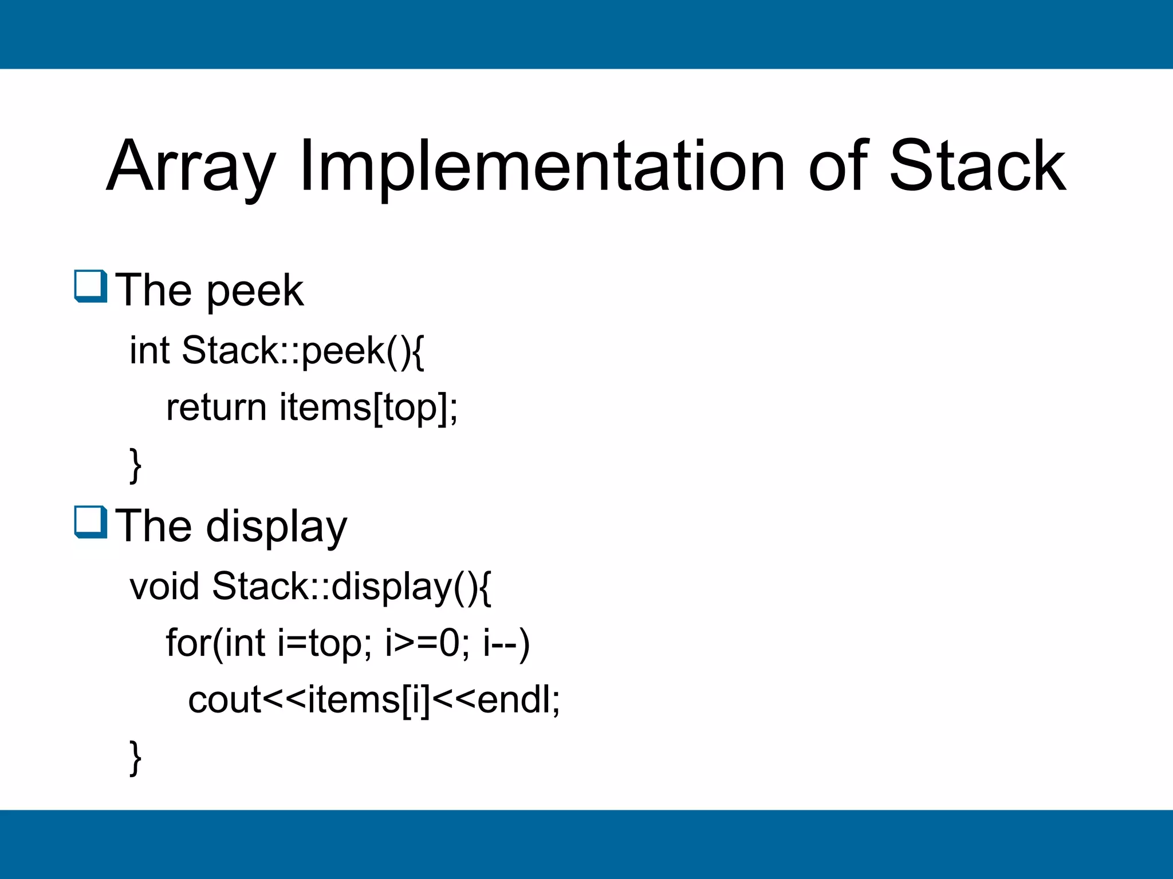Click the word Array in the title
[191, 167]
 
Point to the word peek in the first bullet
[255, 292]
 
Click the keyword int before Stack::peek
[149, 350]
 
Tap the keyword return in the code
[216, 407]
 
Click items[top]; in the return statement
[369, 409]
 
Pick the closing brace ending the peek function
[136, 466]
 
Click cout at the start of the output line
[225, 700]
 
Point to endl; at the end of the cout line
[518, 700]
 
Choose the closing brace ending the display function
[136, 758]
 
